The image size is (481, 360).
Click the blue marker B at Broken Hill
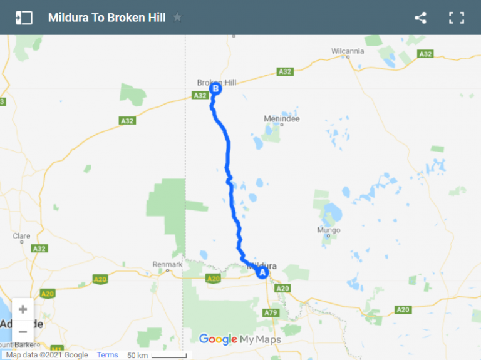pos(215,89)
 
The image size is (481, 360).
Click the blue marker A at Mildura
pos(262,272)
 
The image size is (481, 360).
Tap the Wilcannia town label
pos(347,51)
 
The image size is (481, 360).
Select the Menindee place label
pos(282,119)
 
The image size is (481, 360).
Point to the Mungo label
pos(329,230)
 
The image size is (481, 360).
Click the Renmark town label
pos(167,265)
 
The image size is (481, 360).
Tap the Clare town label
pos(21,236)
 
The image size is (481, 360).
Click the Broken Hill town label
pos(217,82)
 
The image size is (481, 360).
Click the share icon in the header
pos(420,18)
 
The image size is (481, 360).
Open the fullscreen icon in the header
pos(457,18)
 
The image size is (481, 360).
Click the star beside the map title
pos(178,18)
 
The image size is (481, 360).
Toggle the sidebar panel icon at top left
pos(24,18)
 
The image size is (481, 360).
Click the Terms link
pos(107,355)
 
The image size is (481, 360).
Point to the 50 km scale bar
pos(168,356)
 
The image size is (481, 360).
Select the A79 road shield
pos(271,312)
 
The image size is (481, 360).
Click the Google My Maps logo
pos(240,339)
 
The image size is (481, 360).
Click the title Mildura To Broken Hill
pos(107,18)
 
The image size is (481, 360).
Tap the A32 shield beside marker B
pos(200,95)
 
